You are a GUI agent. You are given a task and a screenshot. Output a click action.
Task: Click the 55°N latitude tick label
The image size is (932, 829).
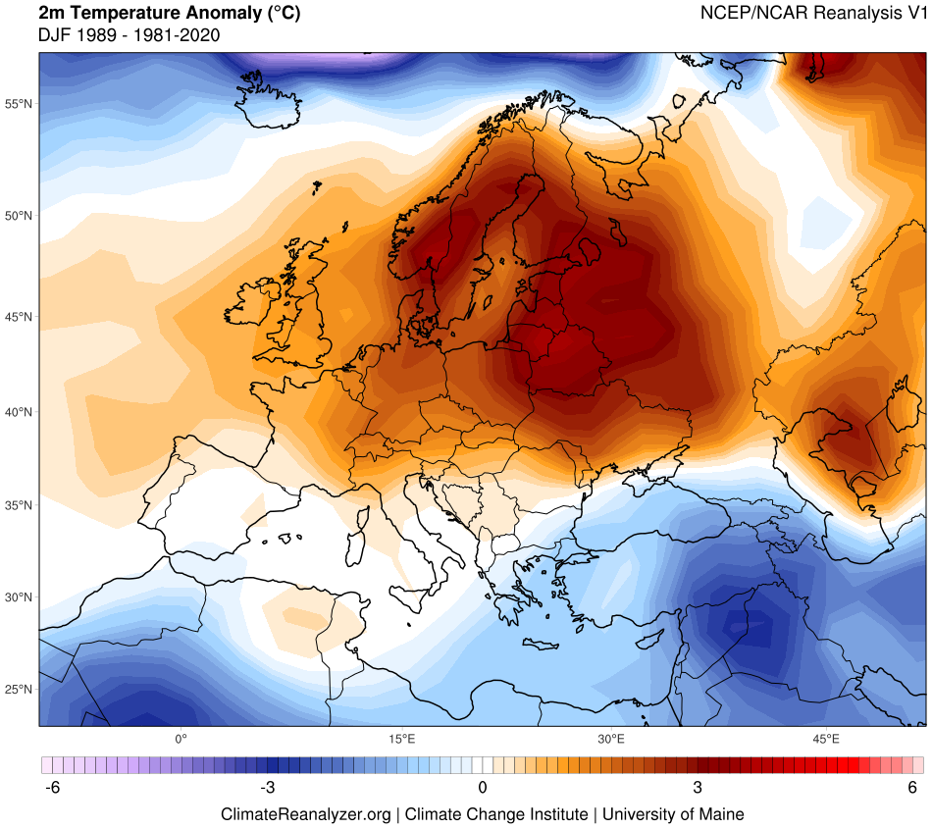19,103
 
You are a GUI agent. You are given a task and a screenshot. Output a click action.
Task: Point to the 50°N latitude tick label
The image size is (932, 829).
19,215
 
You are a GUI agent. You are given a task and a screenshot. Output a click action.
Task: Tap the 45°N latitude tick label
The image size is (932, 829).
19,317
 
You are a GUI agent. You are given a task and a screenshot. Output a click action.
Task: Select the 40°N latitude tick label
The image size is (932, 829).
19,412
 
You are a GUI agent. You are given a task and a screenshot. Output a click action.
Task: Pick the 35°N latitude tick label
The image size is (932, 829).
19,505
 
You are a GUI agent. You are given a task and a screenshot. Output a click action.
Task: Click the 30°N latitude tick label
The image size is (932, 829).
19,596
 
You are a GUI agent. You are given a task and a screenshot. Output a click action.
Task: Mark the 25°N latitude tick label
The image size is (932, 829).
19,689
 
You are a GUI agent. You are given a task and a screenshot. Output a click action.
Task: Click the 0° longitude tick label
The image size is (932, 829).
181,738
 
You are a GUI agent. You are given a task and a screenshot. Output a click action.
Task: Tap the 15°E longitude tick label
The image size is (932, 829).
399,738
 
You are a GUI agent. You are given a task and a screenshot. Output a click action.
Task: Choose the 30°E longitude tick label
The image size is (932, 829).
611,738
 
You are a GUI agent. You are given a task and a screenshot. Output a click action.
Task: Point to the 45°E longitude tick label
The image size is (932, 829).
825,738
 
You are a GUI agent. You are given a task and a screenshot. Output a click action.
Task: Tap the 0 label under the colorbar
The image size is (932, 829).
483,788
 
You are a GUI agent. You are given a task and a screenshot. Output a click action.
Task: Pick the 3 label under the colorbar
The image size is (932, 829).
698,788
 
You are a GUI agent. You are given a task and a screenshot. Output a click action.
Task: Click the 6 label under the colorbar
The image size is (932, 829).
912,788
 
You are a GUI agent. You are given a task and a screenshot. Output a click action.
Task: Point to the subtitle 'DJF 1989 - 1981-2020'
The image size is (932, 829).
128,35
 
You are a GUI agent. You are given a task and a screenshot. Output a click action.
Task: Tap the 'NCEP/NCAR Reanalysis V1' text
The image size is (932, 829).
813,14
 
